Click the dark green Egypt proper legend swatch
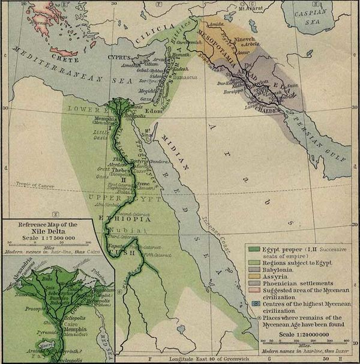click(253, 247)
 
